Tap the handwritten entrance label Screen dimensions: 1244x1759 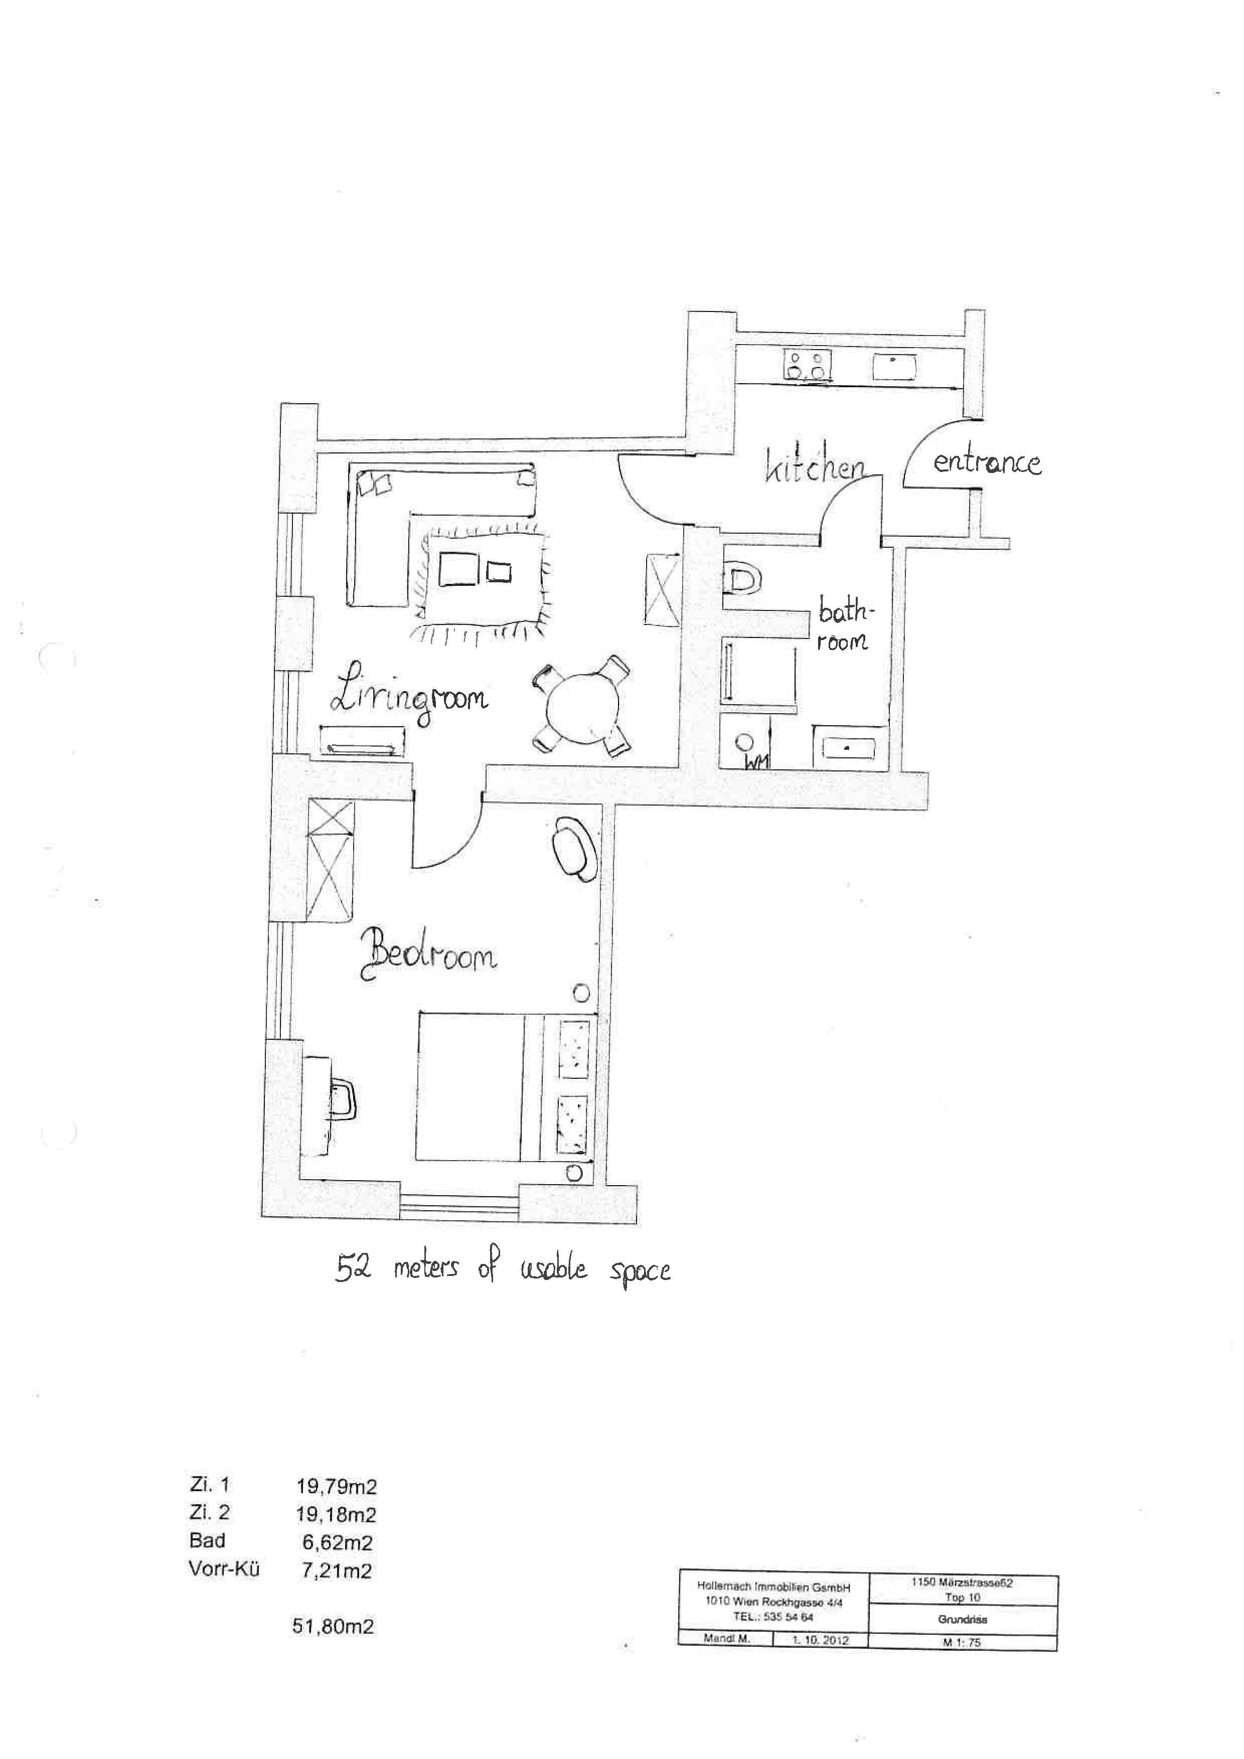[x=987, y=463]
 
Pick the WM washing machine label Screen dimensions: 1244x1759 [x=757, y=761]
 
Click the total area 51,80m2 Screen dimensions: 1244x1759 [x=333, y=1627]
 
